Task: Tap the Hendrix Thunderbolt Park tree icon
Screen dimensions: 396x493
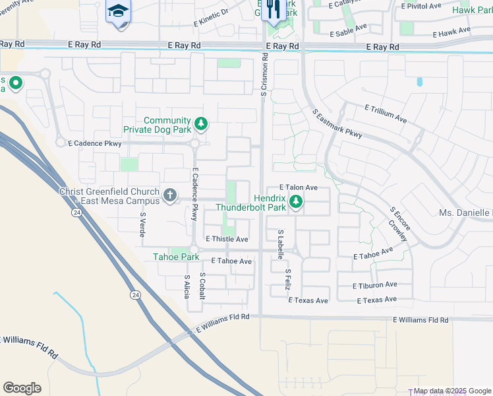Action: pos(296,201)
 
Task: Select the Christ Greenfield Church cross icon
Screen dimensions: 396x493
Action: pos(169,195)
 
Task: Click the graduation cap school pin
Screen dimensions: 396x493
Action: pos(119,11)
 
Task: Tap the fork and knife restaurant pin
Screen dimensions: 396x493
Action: pos(271,10)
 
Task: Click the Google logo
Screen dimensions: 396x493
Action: pos(22,388)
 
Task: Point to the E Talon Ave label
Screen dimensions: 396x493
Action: pos(299,187)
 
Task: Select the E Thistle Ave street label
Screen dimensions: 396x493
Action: pos(227,239)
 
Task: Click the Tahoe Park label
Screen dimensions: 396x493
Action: pos(176,257)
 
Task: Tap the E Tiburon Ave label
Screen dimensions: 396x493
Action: pos(374,285)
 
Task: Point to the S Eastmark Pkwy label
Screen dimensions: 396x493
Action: pos(337,124)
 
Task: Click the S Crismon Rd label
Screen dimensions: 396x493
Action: pos(264,75)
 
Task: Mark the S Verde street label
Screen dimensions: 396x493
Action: pos(142,224)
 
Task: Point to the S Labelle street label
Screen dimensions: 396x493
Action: pos(280,242)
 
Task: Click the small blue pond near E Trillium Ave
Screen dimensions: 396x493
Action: pos(419,82)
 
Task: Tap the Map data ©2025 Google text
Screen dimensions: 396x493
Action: pos(452,391)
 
